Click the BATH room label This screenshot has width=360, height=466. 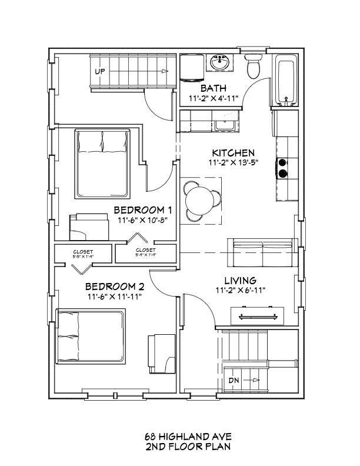coord(211,88)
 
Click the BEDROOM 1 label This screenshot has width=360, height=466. coord(142,210)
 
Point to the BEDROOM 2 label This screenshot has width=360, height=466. coord(115,287)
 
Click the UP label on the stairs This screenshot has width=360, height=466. coord(101,71)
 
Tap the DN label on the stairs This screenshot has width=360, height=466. coord(234,381)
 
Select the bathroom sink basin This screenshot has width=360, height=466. coord(221,62)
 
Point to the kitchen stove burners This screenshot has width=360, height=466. coord(283,168)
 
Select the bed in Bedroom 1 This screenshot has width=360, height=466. coord(102,164)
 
